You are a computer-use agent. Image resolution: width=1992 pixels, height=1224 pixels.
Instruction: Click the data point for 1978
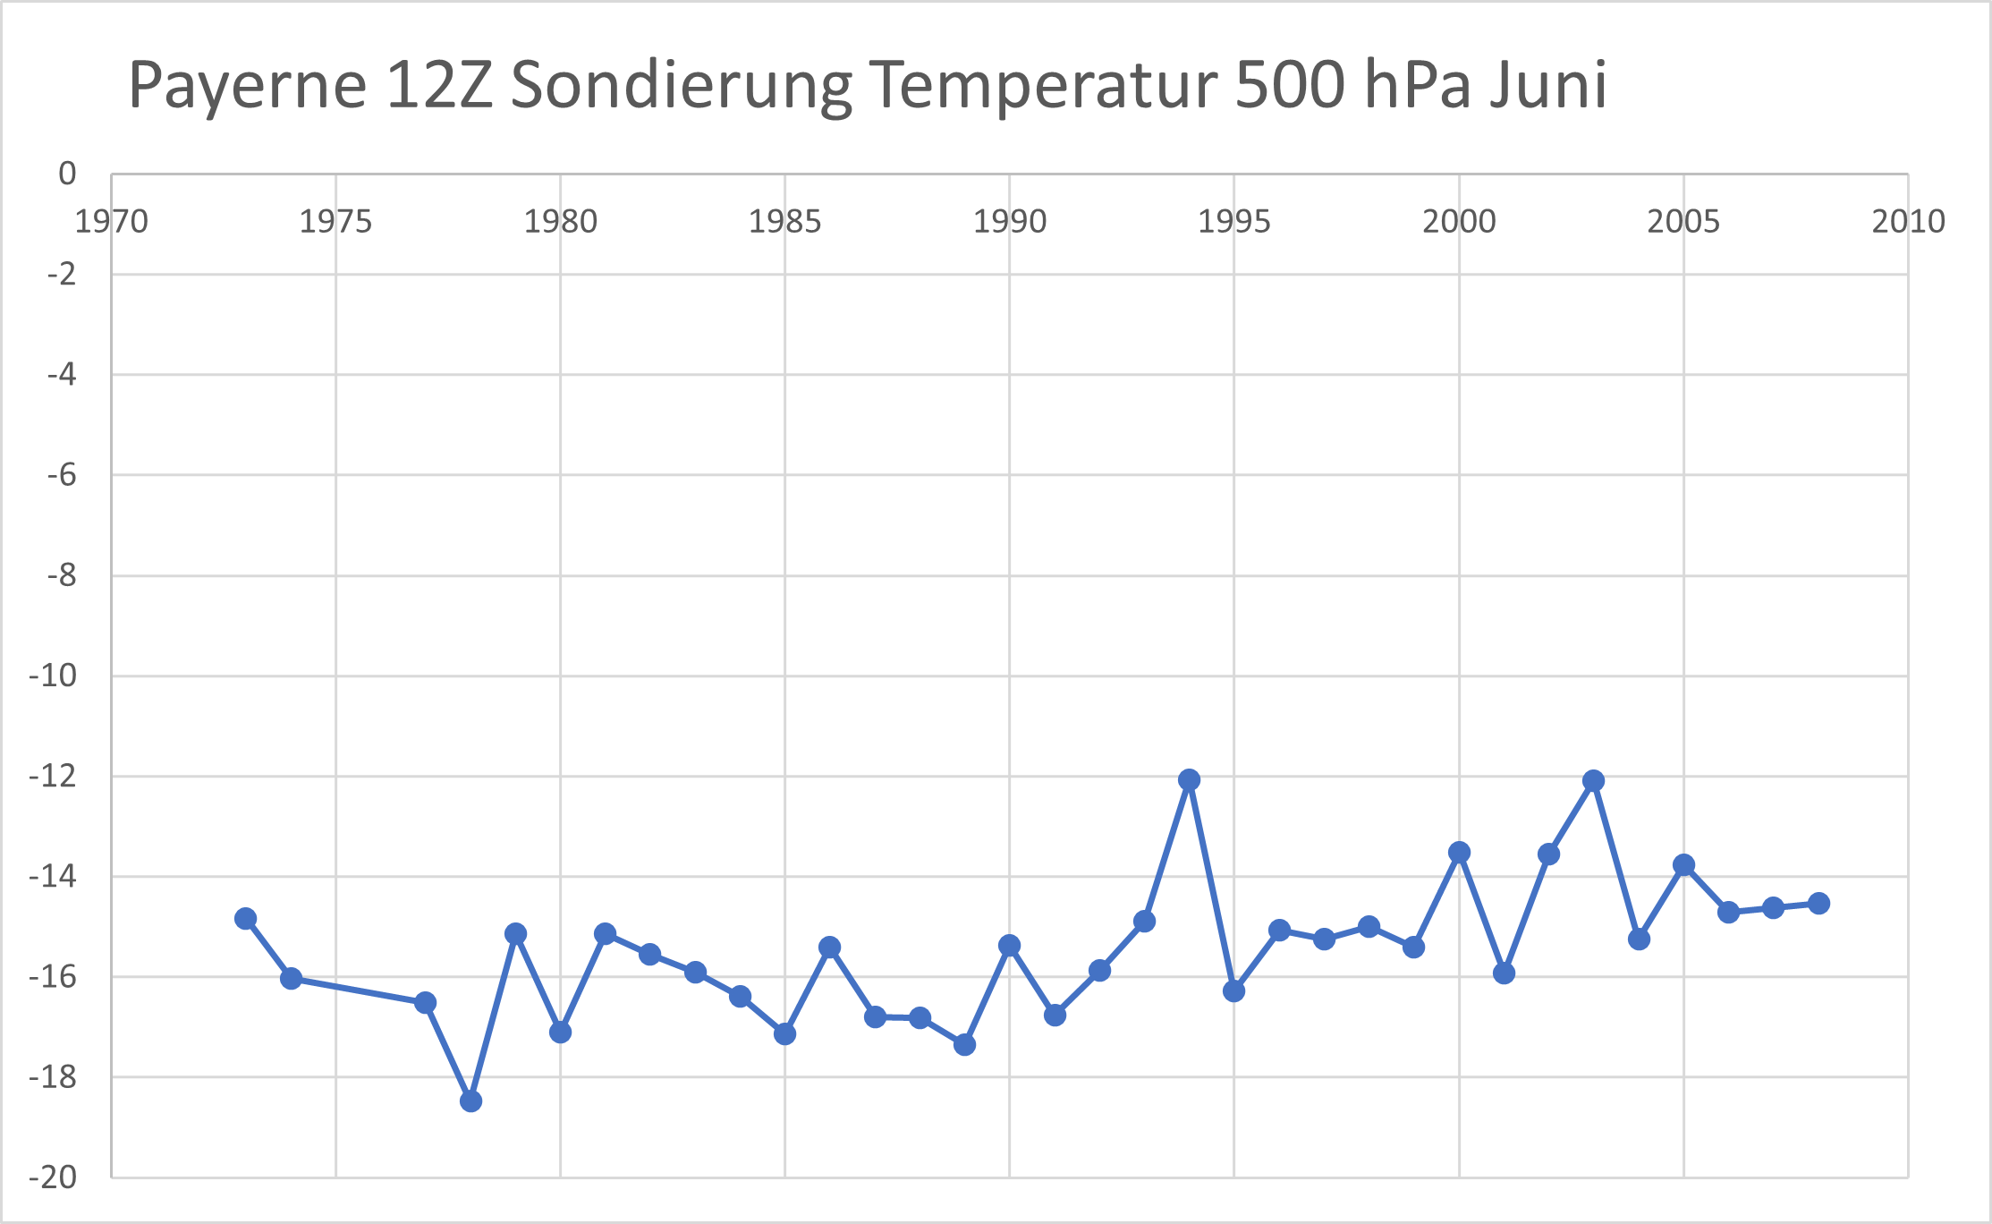(470, 1101)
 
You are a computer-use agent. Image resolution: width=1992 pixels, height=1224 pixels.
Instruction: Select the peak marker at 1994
(1189, 779)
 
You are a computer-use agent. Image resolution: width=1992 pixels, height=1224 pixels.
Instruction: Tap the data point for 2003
(1593, 780)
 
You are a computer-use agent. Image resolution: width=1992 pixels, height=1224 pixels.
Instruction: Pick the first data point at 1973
(246, 918)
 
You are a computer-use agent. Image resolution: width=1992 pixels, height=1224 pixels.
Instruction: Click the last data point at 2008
(1818, 903)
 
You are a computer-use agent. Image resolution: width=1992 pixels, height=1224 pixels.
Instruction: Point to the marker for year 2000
(1459, 852)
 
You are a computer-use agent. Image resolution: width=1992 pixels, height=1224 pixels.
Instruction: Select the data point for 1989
(964, 1044)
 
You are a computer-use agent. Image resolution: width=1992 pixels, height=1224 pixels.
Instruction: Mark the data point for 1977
(426, 1002)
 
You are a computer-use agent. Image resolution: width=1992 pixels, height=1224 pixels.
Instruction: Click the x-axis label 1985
(784, 222)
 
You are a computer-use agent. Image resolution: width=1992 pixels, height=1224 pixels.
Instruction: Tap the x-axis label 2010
(1908, 222)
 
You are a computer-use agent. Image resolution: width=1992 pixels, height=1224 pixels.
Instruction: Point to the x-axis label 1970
(111, 222)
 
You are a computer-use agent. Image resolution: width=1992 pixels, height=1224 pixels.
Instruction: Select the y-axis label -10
(53, 676)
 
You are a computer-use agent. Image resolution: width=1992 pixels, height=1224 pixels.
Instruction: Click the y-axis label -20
(53, 1177)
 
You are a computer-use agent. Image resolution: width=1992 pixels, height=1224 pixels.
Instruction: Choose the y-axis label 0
(67, 174)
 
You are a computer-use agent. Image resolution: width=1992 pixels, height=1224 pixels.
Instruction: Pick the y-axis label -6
(61, 474)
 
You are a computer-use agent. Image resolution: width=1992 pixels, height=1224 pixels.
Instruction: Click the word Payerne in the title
(248, 87)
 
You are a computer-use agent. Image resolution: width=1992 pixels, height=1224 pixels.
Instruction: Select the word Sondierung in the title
(681, 87)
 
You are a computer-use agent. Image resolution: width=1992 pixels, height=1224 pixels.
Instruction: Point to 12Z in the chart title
(440, 85)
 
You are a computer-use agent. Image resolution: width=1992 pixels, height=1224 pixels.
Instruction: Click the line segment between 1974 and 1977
(358, 990)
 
